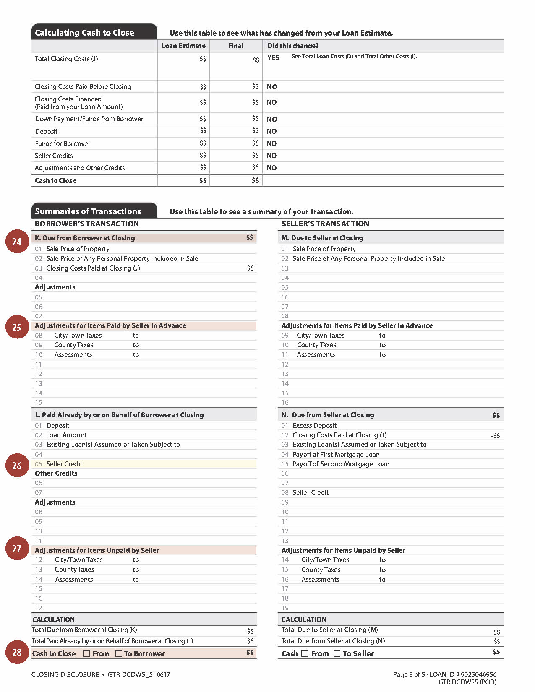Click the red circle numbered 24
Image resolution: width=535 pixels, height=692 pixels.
tap(16, 242)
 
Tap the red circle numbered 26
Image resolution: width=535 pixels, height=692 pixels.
tap(16, 466)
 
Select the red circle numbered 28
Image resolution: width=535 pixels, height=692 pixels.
tap(16, 652)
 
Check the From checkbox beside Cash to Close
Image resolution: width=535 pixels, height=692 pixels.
tap(86, 653)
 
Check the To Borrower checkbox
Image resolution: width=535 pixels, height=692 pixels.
tap(119, 653)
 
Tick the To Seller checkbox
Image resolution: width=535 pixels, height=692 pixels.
tap(337, 653)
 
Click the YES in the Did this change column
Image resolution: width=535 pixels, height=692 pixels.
tap(273, 57)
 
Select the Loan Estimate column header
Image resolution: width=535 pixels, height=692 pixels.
tap(183, 46)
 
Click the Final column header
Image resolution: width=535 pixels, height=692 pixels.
tap(236, 46)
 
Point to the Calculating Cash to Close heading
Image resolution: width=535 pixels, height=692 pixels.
tap(85, 33)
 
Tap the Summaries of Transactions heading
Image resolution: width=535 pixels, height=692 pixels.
tap(88, 211)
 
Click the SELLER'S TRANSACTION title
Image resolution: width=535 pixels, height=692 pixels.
tap(325, 224)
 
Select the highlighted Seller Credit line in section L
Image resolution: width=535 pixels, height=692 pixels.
tap(64, 464)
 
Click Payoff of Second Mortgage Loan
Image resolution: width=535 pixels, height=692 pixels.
tap(341, 464)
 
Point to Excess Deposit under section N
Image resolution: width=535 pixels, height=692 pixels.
tap(315, 425)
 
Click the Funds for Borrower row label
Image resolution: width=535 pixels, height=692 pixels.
tap(63, 143)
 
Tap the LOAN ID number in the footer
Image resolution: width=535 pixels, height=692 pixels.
tap(478, 674)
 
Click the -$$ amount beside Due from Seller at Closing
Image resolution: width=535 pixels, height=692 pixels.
tap(495, 415)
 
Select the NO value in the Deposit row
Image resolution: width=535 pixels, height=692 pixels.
tap(272, 131)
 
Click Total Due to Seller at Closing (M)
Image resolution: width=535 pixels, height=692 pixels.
tap(329, 630)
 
